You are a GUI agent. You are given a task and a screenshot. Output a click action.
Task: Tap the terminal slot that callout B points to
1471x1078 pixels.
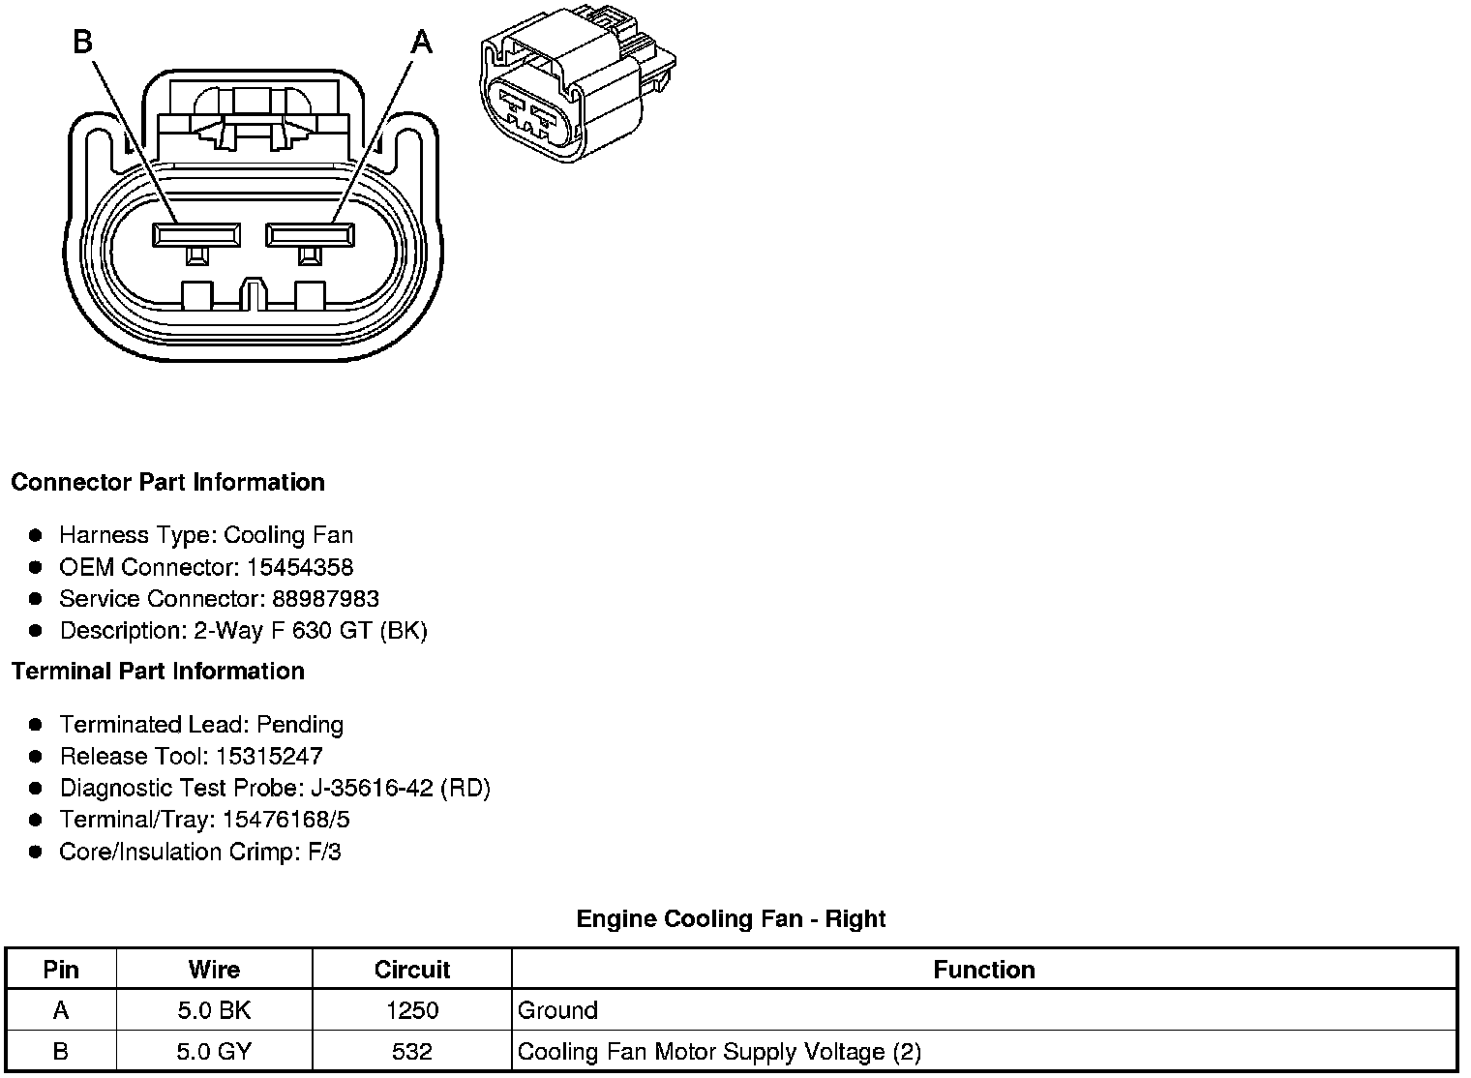196,234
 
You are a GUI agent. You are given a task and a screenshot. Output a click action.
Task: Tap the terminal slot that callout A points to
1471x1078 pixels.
311,234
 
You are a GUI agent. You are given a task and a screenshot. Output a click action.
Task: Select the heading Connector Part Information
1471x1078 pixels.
167,482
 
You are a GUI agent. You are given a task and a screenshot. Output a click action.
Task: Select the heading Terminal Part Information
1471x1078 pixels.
158,671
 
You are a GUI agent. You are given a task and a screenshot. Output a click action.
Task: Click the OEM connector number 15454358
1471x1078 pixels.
300,567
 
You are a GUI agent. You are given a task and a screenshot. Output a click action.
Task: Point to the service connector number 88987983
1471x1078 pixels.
325,599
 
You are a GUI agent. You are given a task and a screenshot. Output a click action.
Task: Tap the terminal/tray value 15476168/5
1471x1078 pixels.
285,820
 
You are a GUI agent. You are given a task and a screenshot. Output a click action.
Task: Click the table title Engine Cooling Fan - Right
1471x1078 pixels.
731,918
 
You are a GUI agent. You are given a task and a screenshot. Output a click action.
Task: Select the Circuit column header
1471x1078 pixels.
412,970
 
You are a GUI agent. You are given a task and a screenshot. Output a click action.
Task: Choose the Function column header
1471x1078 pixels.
984,970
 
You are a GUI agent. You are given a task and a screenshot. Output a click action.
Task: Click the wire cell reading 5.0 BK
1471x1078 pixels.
214,1010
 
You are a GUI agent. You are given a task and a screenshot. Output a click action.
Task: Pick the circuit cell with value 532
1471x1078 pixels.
412,1051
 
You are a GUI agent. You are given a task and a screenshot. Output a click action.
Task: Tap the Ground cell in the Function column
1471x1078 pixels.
558,1010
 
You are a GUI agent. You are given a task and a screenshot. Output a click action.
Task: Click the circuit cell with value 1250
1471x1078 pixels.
412,1010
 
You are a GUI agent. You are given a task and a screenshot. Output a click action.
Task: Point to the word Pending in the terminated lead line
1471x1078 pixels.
300,724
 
